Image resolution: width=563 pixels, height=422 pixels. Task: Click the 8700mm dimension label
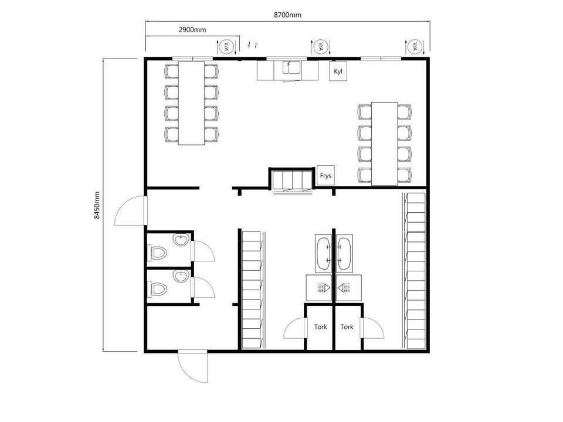tap(287, 15)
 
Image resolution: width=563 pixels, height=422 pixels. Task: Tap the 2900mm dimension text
tap(192, 30)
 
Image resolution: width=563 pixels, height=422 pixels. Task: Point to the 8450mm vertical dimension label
tap(97, 205)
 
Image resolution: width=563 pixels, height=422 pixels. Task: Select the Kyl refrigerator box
tap(338, 71)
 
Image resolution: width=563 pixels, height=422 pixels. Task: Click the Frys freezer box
tap(325, 175)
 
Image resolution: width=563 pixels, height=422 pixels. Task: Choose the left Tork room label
tap(320, 326)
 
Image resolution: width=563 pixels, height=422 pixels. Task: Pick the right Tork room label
tap(347, 326)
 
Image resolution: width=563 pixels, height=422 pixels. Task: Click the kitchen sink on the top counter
tap(291, 67)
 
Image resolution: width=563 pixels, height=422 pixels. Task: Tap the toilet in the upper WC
tap(157, 253)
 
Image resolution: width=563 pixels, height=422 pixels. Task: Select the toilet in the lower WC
tap(157, 289)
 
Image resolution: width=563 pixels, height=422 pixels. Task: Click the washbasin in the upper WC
tap(181, 240)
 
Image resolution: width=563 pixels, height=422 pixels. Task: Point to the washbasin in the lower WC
tap(181, 276)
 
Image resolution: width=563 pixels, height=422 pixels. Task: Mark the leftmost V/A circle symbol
tap(226, 47)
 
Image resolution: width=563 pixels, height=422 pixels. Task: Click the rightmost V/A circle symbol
tap(415, 47)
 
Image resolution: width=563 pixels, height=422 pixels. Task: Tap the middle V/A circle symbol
tap(321, 47)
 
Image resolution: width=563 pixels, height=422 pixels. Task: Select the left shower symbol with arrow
tap(324, 287)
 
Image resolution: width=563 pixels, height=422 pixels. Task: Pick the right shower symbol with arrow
tap(344, 287)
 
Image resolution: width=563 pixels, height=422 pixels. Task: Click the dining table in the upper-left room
tap(192, 103)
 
